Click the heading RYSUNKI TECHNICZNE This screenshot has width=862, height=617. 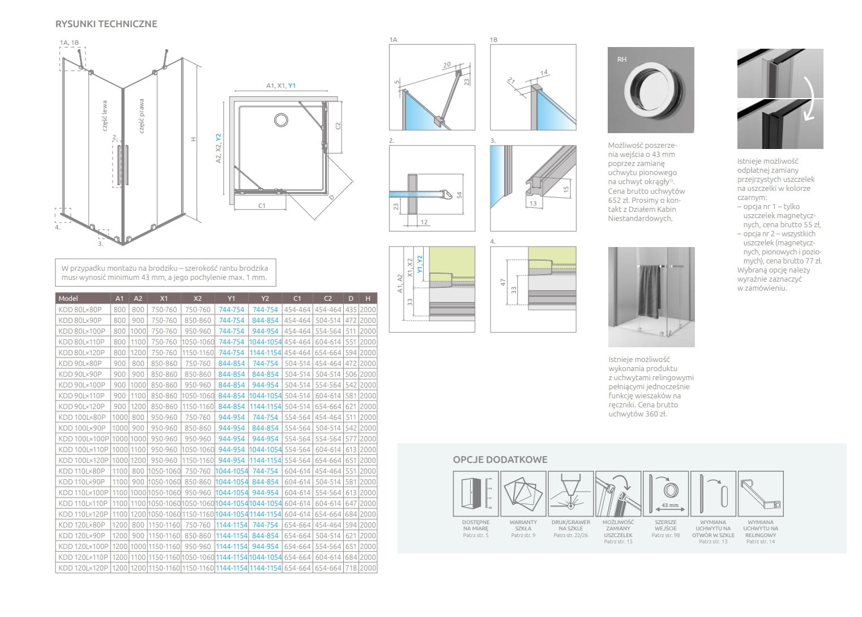click(106, 24)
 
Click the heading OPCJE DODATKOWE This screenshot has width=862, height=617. click(500, 459)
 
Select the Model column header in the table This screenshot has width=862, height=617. click(69, 298)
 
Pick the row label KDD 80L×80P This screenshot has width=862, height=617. click(80, 309)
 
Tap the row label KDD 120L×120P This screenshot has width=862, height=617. click(83, 568)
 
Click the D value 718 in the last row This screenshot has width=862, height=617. click(351, 568)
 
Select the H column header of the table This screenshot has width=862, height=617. click(368, 298)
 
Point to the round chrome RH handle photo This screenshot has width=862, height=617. click(650, 91)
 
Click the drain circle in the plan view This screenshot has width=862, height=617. click(281, 120)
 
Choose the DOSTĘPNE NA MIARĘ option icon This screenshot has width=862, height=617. click(475, 493)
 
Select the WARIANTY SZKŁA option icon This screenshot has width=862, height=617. click(523, 493)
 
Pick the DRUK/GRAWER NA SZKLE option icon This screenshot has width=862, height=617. click(570, 493)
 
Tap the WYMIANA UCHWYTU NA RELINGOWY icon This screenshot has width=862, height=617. click(761, 493)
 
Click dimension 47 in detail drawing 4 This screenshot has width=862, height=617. click(503, 282)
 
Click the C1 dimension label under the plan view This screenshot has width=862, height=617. click(262, 206)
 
